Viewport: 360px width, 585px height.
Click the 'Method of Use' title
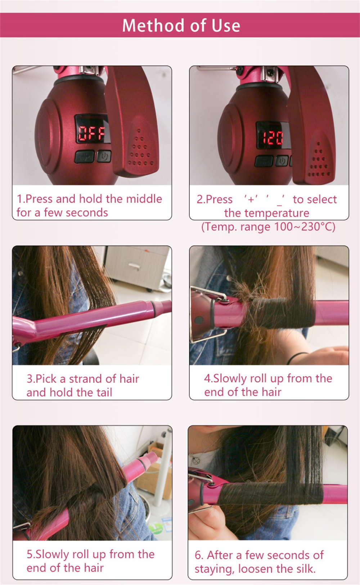point(181,25)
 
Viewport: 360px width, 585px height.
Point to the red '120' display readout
point(273,138)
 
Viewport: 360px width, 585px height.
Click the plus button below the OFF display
point(85,156)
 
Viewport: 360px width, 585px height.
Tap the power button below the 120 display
point(282,161)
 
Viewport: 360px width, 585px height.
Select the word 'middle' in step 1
point(144,199)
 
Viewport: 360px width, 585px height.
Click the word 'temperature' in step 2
point(267,213)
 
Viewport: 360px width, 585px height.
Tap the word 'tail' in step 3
point(103,392)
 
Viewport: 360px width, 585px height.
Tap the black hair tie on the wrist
point(298,357)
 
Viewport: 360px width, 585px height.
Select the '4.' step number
point(208,378)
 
